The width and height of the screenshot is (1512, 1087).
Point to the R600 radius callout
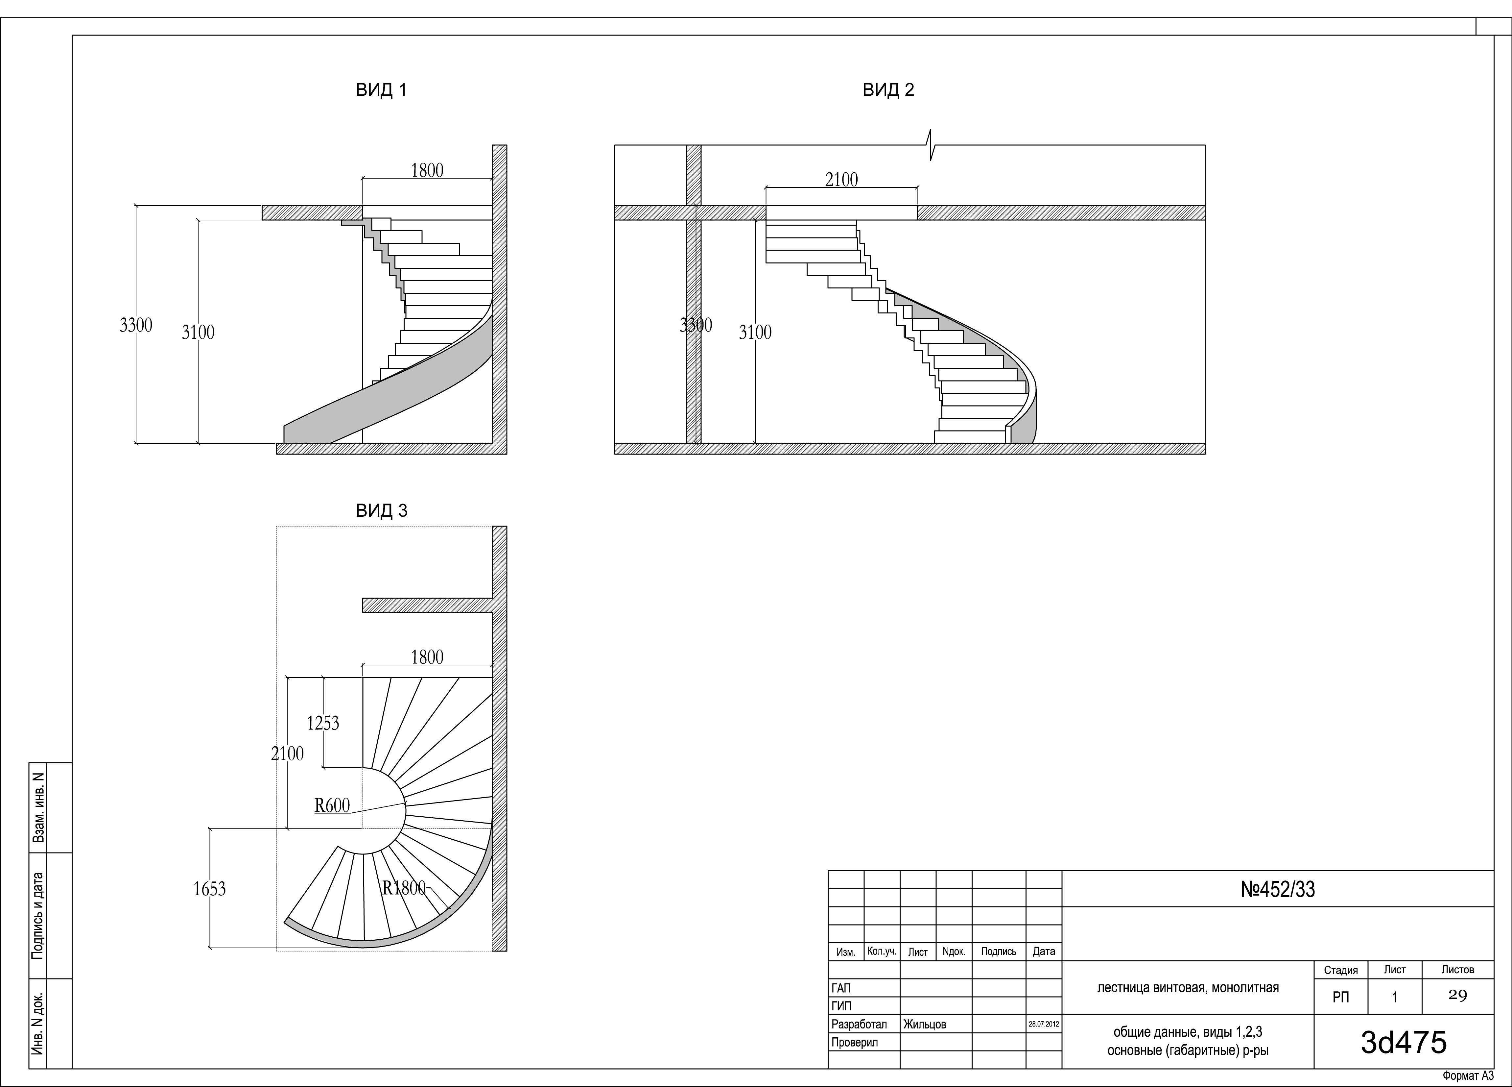tap(332, 805)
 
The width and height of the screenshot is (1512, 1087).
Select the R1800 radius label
tap(403, 888)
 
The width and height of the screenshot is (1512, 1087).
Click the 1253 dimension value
tap(323, 723)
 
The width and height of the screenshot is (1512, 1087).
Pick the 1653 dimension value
tap(209, 889)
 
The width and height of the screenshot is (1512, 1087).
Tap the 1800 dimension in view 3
tap(427, 657)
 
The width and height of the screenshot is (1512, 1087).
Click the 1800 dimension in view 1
tap(427, 171)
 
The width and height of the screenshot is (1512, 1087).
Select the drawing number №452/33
tap(1277, 890)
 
